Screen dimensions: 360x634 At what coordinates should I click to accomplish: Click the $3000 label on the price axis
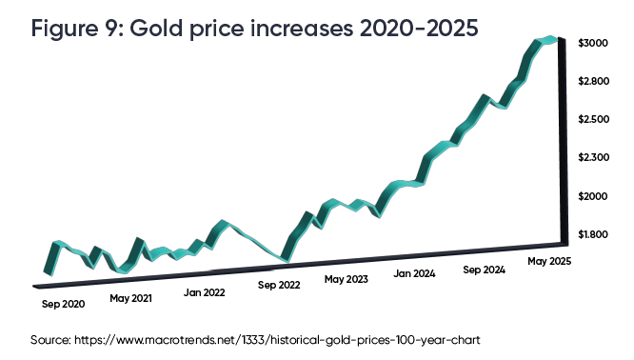click(x=596, y=44)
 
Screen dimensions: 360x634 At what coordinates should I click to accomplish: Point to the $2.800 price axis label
click(x=596, y=82)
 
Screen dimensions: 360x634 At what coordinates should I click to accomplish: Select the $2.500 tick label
click(x=596, y=120)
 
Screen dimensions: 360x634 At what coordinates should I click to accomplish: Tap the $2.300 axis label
click(x=596, y=157)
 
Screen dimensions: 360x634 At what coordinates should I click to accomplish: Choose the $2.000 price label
click(x=596, y=196)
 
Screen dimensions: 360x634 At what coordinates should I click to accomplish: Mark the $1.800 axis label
click(x=596, y=234)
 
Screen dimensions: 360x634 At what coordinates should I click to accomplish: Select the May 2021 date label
click(x=130, y=298)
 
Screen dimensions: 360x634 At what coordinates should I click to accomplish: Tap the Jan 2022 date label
click(x=205, y=293)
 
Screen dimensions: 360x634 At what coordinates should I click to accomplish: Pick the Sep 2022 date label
click(x=280, y=285)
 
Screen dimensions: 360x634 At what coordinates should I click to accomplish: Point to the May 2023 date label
click(x=346, y=279)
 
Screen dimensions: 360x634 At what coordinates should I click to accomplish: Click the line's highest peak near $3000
click(x=547, y=39)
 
